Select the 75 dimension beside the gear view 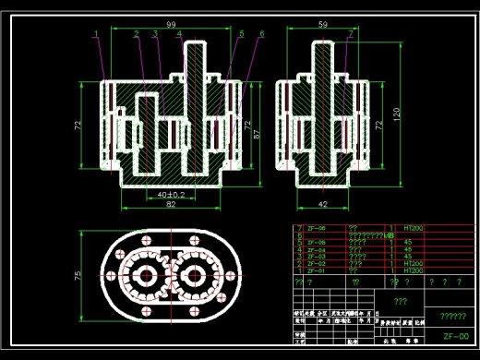[x=79, y=275]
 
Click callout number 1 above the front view [x=97, y=34]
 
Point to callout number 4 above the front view [x=179, y=34]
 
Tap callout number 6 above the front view [x=262, y=34]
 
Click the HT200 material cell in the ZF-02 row [x=414, y=263]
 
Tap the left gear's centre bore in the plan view [x=149, y=275]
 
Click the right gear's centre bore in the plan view [x=195, y=275]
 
